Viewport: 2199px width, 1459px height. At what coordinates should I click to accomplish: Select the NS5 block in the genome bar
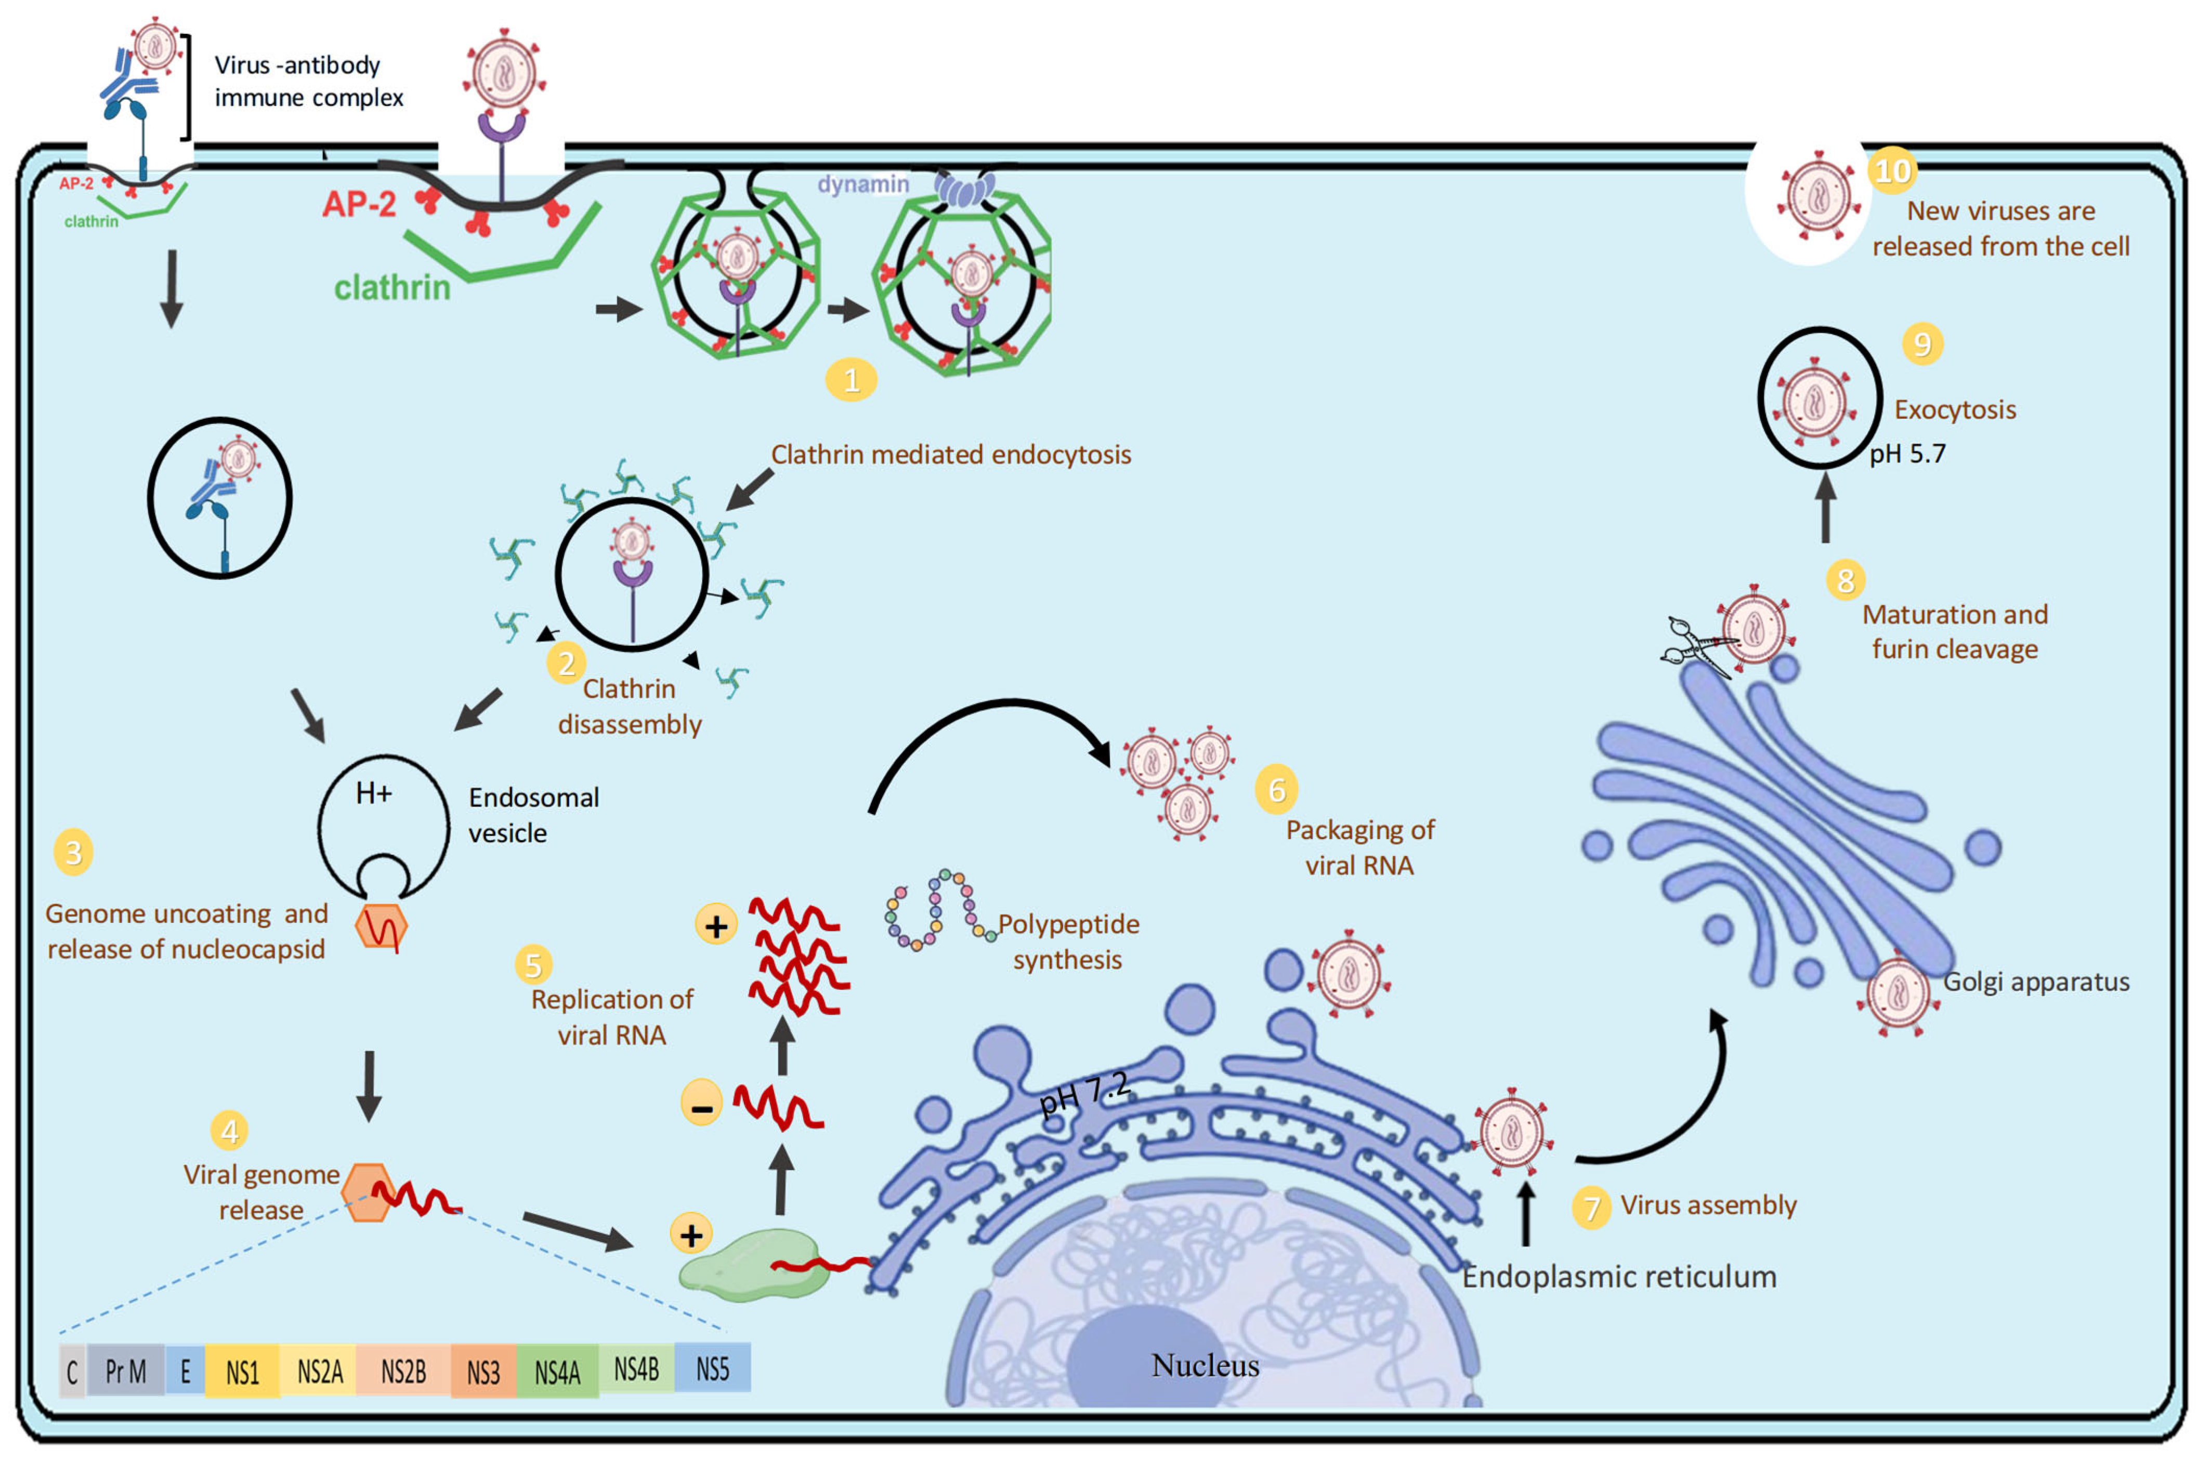click(712, 1369)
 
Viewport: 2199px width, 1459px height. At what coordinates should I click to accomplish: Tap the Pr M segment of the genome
click(126, 1371)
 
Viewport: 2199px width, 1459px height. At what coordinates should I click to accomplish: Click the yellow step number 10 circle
click(1892, 171)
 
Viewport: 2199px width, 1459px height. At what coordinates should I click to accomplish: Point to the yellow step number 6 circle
click(1276, 789)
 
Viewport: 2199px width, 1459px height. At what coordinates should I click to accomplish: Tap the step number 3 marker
click(73, 852)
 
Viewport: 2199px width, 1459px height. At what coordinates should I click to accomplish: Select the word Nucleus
click(1205, 1365)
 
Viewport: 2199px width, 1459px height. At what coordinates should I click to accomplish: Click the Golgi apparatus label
click(2035, 981)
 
